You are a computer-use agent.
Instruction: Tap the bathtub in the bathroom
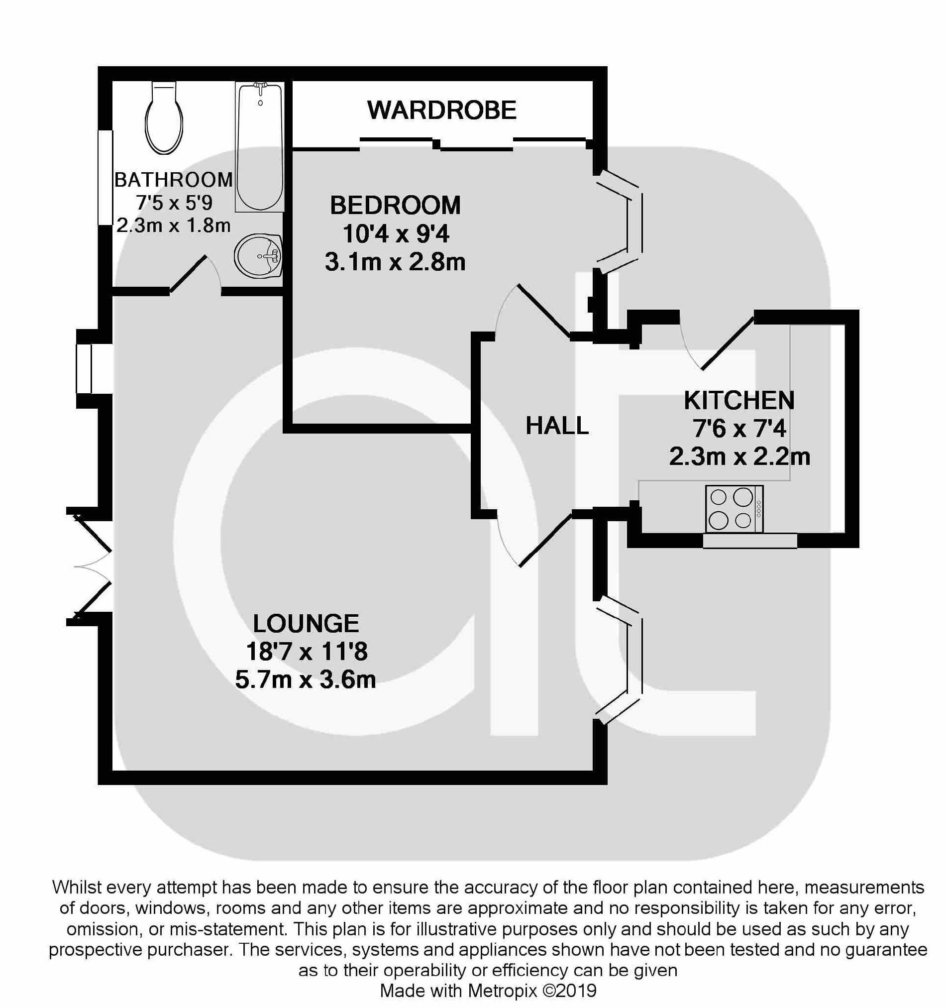coord(260,147)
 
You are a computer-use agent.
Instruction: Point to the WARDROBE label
coord(442,110)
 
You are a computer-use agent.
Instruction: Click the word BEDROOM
coord(396,206)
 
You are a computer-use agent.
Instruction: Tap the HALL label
coord(557,426)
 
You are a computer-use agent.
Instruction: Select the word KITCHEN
coord(739,401)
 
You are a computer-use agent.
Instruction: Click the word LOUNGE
coord(306,624)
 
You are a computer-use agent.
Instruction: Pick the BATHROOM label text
coord(173,180)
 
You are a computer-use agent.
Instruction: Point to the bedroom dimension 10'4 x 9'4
coord(396,234)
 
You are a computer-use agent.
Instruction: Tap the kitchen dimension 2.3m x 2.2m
coord(739,457)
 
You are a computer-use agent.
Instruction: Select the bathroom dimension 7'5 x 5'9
coord(174,203)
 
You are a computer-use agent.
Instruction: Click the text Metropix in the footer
coord(502,990)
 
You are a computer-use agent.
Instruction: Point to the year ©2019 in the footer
coord(569,990)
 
